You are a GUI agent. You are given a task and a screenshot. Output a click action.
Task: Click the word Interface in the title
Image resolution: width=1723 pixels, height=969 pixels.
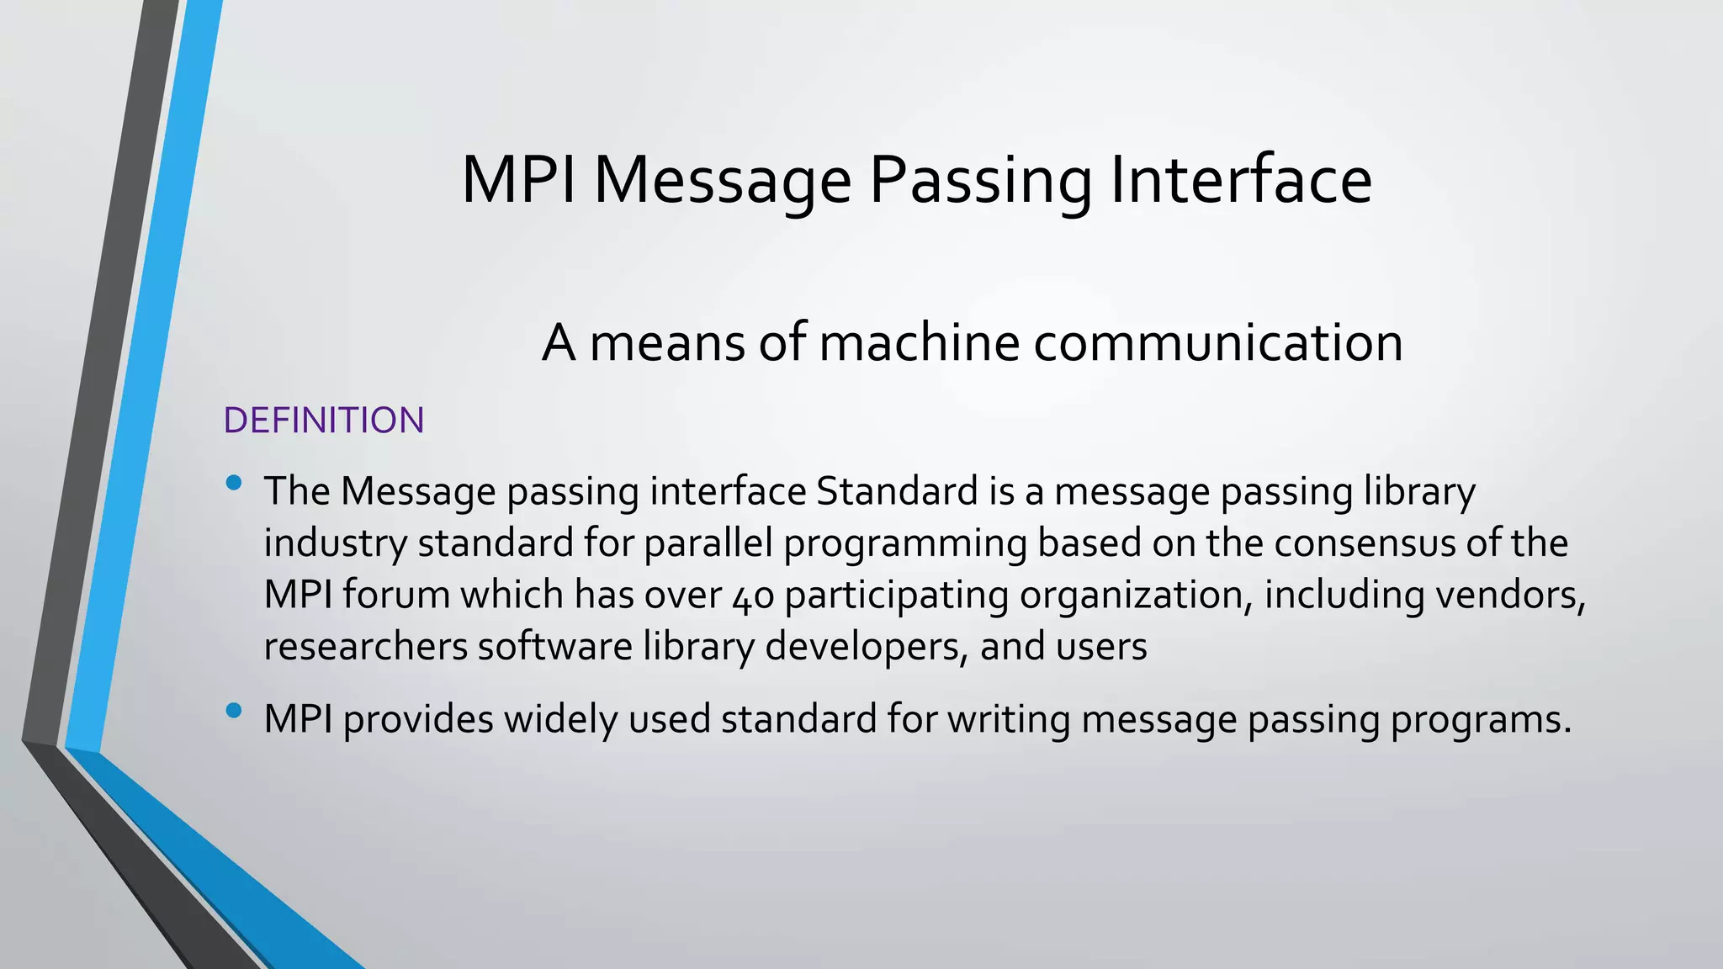1241,180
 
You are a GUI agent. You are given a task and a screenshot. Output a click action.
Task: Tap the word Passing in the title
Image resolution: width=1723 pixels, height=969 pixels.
980,182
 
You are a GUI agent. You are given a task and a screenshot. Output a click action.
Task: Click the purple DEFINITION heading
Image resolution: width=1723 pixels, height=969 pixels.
324,421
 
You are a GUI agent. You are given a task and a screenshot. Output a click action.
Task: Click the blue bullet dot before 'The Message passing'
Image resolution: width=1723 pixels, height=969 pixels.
234,483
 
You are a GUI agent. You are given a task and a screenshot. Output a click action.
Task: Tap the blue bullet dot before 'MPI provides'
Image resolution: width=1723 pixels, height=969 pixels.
234,712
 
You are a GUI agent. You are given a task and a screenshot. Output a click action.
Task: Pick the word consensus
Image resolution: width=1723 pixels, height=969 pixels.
1365,543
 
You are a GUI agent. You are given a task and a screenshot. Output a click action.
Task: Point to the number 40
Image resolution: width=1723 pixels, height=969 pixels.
753,596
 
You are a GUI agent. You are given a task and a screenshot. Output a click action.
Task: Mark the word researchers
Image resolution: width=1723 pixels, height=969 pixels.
365,646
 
